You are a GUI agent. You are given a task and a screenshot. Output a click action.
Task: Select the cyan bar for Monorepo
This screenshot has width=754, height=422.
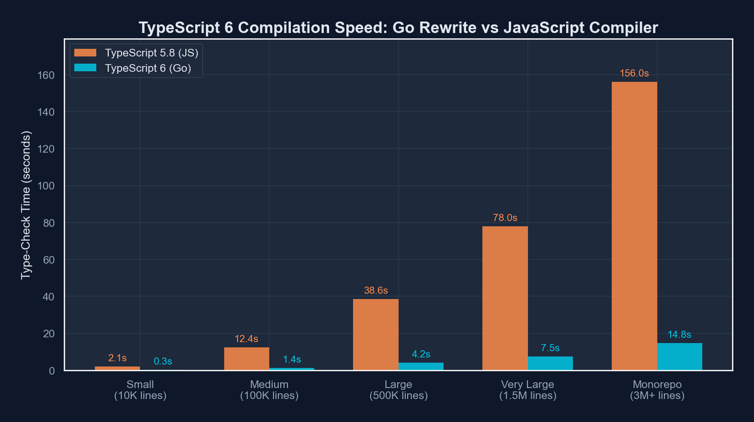[679, 356]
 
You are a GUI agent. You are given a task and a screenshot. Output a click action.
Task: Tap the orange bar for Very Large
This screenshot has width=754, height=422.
[505, 298]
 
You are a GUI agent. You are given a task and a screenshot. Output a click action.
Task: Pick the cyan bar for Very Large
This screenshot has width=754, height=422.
[550, 363]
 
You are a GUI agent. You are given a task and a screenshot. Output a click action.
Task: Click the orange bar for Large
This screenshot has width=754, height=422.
[376, 334]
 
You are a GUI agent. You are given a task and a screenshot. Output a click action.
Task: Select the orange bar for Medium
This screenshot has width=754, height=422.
[246, 358]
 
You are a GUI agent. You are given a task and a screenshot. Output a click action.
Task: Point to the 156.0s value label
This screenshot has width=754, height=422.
[634, 73]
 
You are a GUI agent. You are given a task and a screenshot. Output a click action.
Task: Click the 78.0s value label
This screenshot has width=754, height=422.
[505, 218]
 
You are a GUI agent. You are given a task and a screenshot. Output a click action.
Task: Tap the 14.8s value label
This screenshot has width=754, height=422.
[679, 334]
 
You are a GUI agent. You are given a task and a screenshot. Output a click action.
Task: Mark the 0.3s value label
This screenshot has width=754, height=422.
[163, 361]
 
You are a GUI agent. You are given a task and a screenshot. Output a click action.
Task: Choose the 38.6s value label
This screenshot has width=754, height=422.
[376, 290]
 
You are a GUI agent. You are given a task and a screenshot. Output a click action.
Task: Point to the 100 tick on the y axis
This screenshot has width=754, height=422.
[46, 186]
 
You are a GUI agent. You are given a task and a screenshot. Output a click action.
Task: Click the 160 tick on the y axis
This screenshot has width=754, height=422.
[46, 75]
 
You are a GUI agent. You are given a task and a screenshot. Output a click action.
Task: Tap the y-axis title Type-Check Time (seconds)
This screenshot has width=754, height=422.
[26, 205]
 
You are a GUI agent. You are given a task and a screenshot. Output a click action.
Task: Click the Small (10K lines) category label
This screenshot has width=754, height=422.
[140, 390]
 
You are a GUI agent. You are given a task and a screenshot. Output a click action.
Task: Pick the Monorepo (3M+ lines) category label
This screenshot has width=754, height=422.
[657, 390]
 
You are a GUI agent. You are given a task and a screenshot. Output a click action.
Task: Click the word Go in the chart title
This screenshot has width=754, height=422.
[403, 28]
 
